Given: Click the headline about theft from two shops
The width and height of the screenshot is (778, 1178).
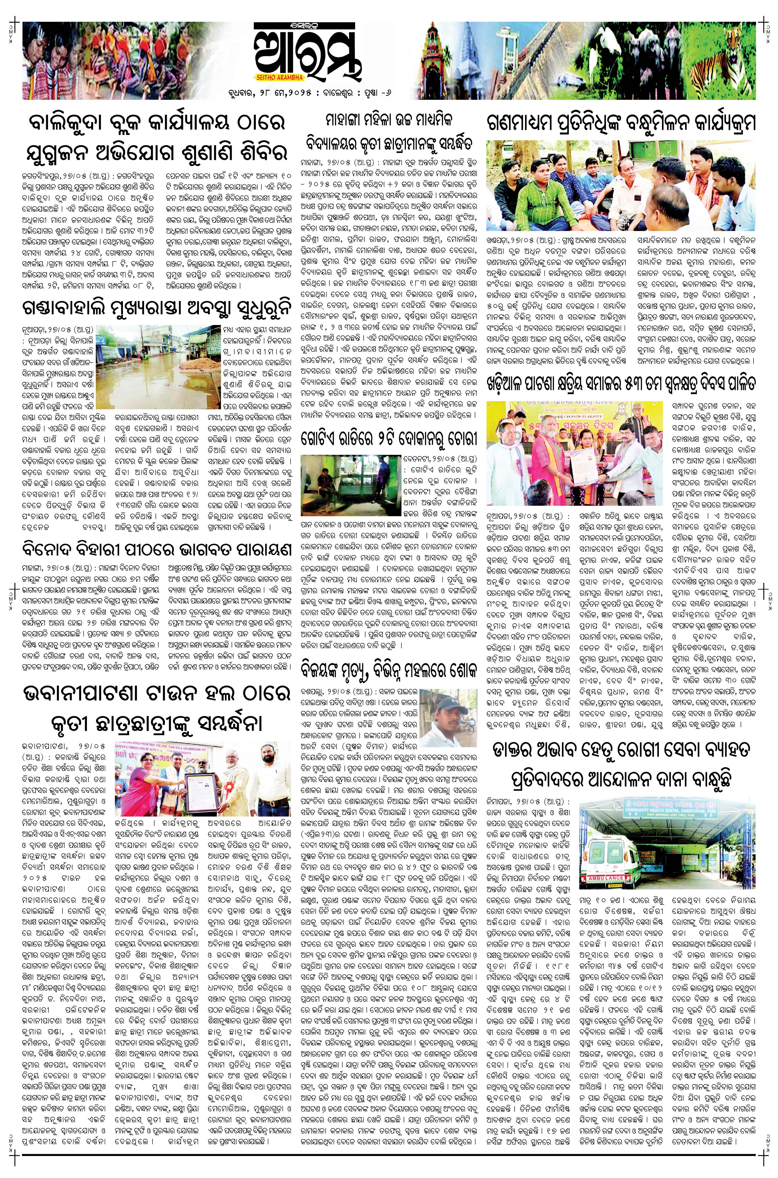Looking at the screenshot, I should click(389, 440).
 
